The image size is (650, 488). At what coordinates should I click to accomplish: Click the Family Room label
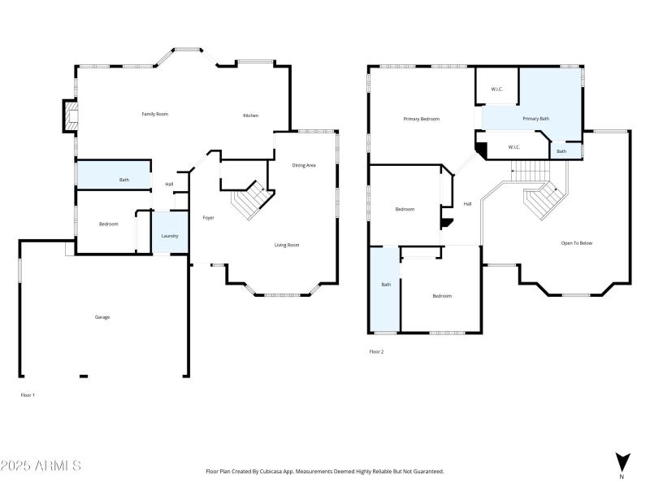154,114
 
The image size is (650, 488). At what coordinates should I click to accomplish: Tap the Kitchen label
251,115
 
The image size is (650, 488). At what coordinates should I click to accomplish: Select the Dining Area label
304,165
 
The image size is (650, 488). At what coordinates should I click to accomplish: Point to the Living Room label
286,245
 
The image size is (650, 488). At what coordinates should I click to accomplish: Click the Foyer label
208,217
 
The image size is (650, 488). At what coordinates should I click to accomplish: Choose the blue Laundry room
170,233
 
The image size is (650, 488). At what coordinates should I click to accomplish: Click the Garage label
102,317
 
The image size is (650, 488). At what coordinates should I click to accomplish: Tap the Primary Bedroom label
421,119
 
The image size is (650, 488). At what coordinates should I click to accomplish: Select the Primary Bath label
535,119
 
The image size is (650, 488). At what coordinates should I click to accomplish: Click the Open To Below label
576,243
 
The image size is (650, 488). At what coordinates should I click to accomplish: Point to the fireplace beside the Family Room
71,116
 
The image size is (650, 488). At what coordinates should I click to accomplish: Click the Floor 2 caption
376,351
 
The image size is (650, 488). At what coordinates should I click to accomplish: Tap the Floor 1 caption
28,394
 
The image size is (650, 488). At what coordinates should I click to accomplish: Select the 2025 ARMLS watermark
41,466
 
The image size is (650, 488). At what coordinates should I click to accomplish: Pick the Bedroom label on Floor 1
109,224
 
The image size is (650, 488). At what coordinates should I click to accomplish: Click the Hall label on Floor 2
467,203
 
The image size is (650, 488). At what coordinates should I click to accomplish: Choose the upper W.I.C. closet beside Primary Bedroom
497,89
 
